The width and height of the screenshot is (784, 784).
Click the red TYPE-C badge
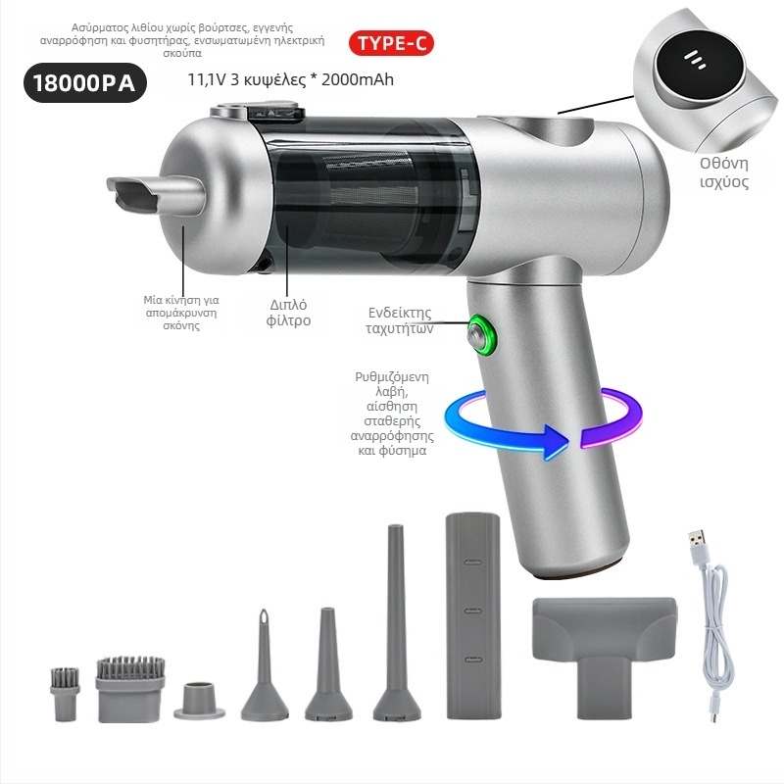coord(391,43)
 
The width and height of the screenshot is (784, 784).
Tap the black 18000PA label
coord(85,82)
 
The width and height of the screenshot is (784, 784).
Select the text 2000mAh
coord(358,79)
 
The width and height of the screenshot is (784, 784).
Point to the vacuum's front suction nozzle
coord(155,195)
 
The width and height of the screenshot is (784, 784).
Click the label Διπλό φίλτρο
coord(288,313)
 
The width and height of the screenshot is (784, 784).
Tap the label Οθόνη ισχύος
coord(724,172)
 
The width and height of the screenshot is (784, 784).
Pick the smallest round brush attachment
coord(65,694)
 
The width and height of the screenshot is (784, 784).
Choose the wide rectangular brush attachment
coord(130,690)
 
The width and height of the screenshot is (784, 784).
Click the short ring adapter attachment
coord(200,701)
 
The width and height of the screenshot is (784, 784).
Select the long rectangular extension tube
coord(473,615)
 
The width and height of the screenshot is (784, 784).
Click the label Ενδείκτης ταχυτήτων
coord(400,320)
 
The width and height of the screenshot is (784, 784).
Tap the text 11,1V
coord(207,79)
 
